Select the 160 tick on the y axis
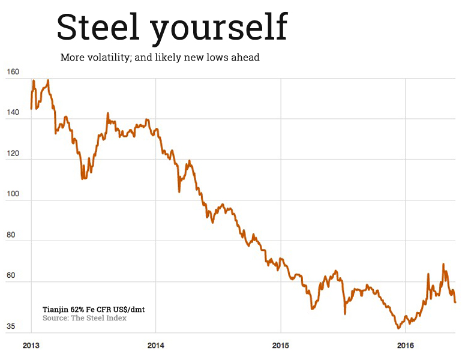[13, 72]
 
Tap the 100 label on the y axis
[13, 194]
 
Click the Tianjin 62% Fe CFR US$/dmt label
[94, 309]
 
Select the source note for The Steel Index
[84, 318]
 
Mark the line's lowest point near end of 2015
[398, 328]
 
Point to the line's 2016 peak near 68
[443, 264]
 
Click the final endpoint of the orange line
[455, 302]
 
